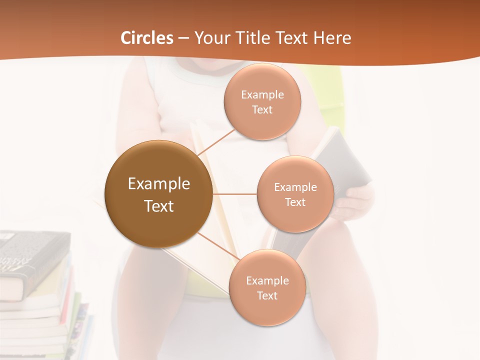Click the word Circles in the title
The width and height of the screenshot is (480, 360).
pyautogui.click(x=147, y=38)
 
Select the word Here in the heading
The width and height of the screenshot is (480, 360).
pyautogui.click(x=332, y=38)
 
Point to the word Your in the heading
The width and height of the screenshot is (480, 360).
pyautogui.click(x=211, y=38)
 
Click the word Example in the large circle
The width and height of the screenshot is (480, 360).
pyautogui.click(x=158, y=184)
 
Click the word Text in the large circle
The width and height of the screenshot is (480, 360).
pyautogui.click(x=158, y=205)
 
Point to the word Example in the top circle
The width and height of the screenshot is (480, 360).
pyautogui.click(x=262, y=95)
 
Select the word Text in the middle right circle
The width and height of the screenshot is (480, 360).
pyautogui.click(x=295, y=202)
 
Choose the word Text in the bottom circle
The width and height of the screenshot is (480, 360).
pyautogui.click(x=267, y=295)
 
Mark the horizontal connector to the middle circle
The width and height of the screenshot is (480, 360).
pyautogui.click(x=234, y=194)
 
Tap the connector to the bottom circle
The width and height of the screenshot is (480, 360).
pyautogui.click(x=218, y=246)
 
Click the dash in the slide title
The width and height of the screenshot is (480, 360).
pyautogui.click(x=183, y=38)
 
